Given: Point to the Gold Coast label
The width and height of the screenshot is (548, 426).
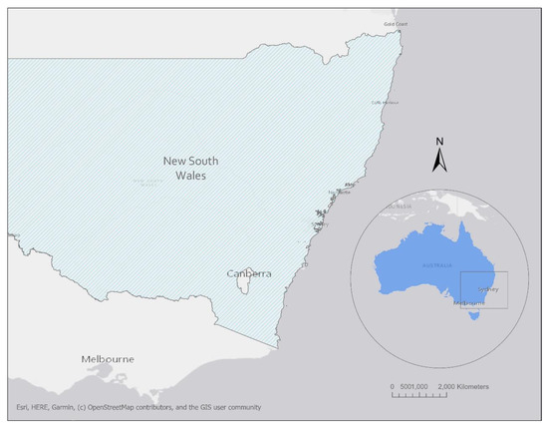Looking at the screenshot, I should click(x=397, y=24).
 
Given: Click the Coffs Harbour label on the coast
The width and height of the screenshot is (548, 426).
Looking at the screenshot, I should click(x=385, y=102).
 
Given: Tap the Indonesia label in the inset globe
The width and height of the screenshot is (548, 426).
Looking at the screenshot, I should click(x=404, y=208).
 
